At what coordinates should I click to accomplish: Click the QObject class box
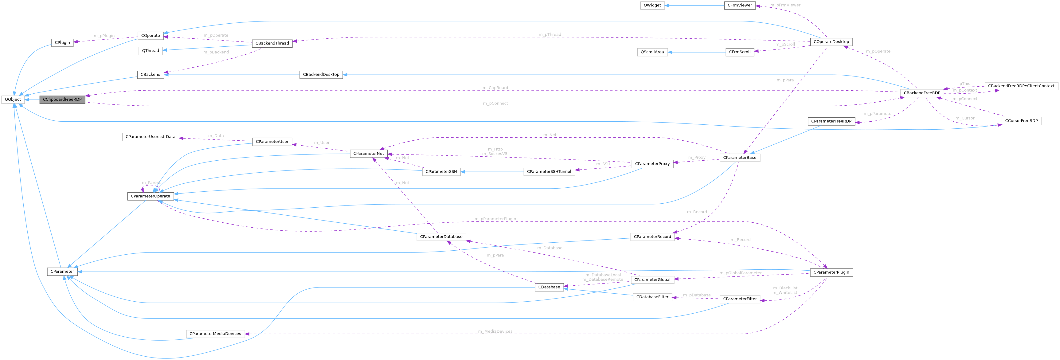[13, 100]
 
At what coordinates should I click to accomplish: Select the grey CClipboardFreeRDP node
[62, 100]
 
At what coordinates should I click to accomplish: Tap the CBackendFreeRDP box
[922, 93]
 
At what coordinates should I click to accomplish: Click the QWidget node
[652, 5]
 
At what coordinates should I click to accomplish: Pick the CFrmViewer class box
[739, 5]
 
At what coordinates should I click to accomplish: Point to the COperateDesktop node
[831, 41]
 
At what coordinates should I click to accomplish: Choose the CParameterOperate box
[150, 196]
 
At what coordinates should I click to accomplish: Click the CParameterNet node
[368, 154]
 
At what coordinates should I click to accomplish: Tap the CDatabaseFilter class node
[652, 297]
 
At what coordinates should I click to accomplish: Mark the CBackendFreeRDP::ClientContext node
[1021, 86]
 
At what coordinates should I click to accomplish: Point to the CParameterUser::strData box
[151, 137]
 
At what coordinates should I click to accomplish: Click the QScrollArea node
[652, 52]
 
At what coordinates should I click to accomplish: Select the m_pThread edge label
[550, 35]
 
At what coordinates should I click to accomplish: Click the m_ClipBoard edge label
[495, 88]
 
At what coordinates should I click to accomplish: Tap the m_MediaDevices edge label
[495, 331]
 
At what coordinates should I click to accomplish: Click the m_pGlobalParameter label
[740, 273]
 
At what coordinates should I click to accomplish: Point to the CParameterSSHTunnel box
[549, 172]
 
